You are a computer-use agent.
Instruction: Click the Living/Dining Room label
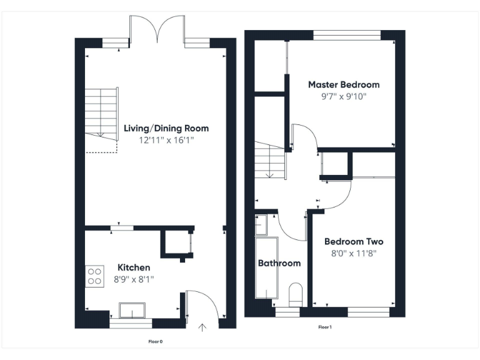click(x=166, y=128)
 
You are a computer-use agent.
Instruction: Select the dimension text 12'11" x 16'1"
click(x=166, y=141)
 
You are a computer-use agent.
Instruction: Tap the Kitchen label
click(x=134, y=267)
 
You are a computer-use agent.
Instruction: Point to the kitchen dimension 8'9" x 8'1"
click(x=134, y=279)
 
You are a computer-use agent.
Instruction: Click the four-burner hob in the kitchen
click(x=94, y=276)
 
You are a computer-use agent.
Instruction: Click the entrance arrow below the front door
click(x=202, y=326)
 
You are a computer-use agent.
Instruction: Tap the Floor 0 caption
click(x=155, y=341)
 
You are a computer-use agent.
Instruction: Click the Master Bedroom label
click(x=343, y=84)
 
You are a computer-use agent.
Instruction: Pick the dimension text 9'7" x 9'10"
click(x=343, y=96)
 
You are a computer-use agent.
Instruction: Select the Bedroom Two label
click(x=354, y=241)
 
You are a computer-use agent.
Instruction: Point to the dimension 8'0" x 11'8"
click(x=354, y=253)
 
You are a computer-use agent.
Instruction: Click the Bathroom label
click(x=279, y=263)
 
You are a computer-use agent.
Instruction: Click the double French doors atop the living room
click(x=157, y=28)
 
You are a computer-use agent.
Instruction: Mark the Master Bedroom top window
click(x=347, y=34)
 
